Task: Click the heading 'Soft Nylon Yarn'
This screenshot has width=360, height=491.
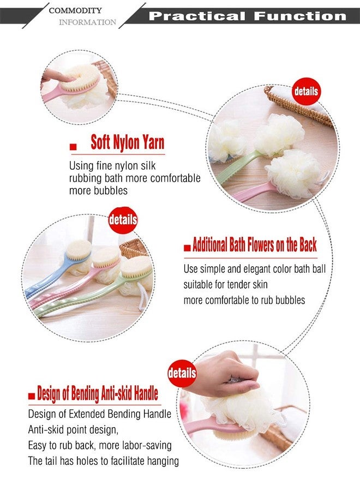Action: coord(128,142)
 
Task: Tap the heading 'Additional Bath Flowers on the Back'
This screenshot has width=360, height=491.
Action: coord(255,244)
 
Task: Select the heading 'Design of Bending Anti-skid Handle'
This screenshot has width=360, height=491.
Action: coord(97,393)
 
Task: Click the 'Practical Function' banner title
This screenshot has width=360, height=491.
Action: coord(247,16)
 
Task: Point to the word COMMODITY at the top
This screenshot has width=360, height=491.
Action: coord(75,10)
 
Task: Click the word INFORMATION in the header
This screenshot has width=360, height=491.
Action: coord(87,22)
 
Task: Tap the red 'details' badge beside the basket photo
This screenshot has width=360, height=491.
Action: coord(306,91)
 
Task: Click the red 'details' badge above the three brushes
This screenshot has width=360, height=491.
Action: coord(123,220)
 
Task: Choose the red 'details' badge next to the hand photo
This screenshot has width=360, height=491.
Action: coord(182,373)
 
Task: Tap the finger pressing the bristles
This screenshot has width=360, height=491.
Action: coord(55,76)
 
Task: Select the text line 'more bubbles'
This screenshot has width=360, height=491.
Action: coord(98,190)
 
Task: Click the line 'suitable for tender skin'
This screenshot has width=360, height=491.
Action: coord(225,284)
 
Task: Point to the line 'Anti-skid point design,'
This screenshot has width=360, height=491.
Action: coord(73,430)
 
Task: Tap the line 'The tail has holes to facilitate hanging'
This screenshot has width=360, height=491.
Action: coord(103,461)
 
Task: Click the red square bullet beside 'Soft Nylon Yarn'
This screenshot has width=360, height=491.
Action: coord(73,147)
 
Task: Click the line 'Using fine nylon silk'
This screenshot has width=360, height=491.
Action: coord(112,166)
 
